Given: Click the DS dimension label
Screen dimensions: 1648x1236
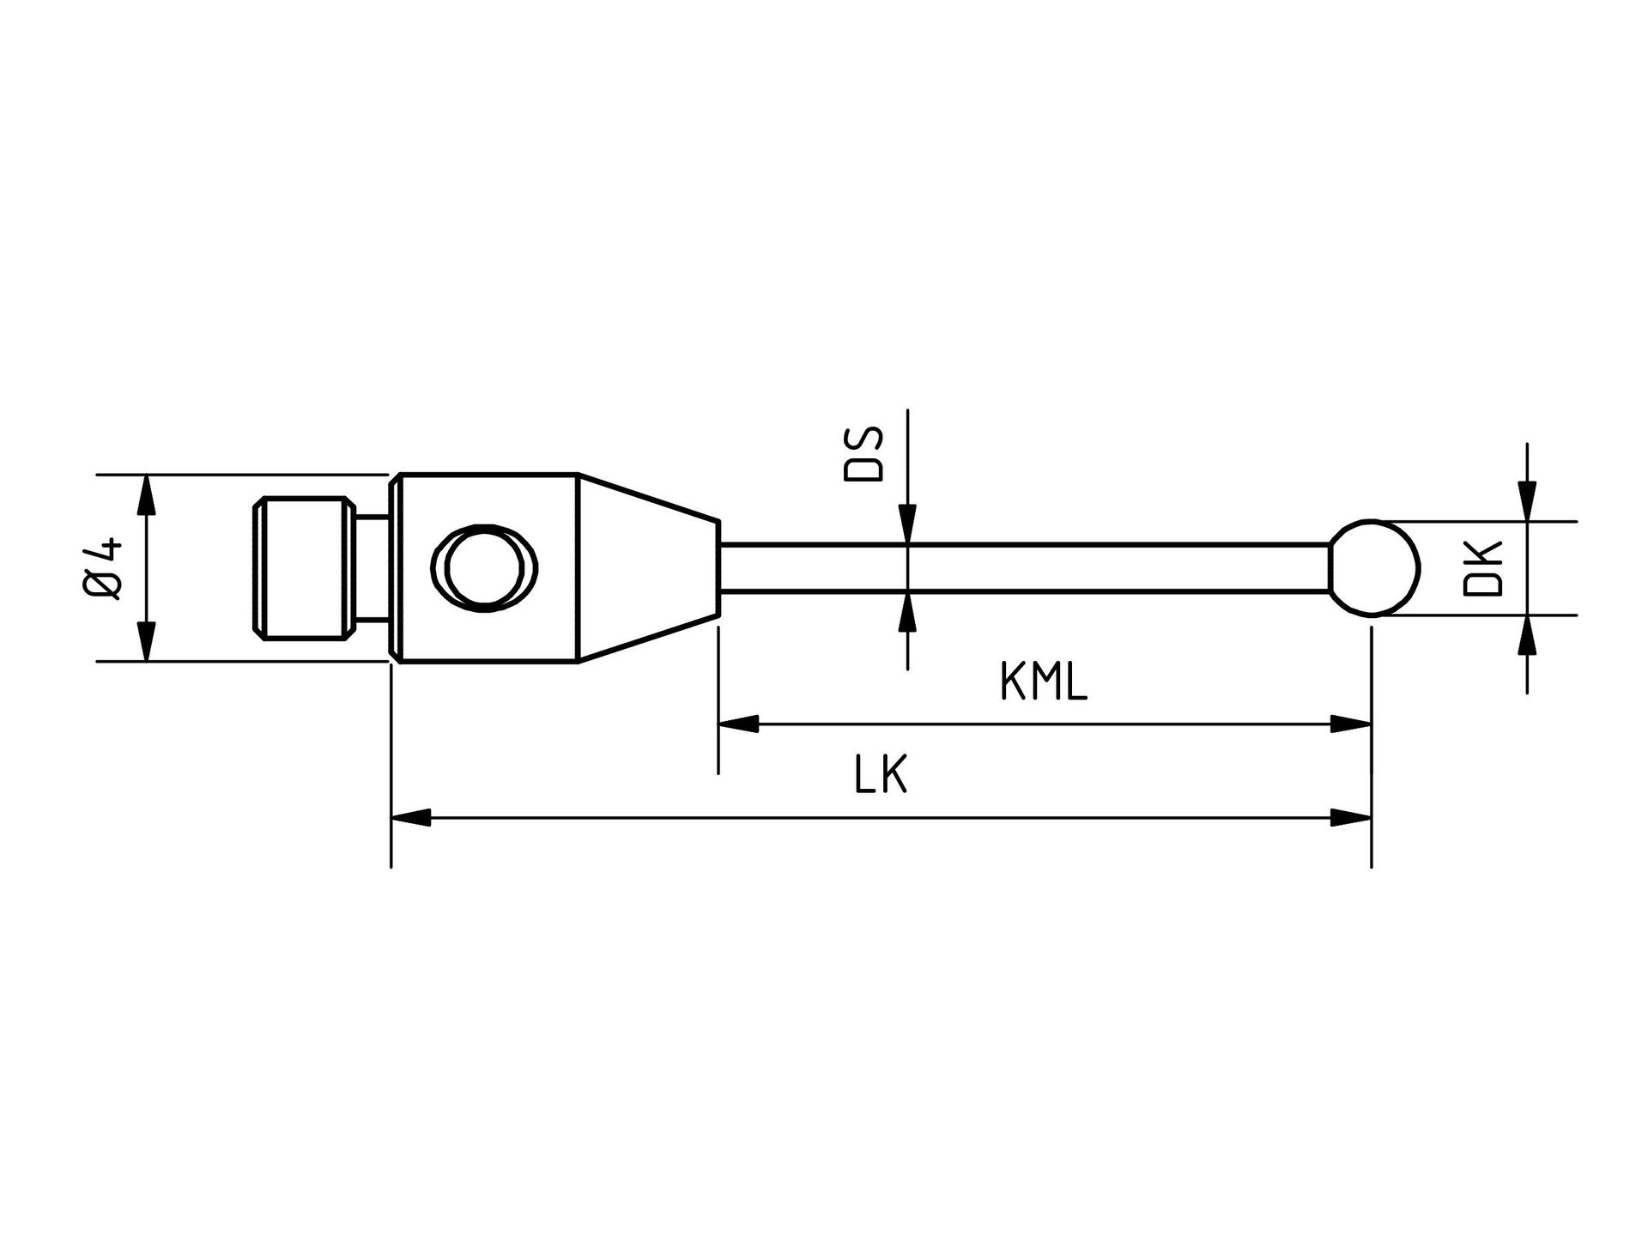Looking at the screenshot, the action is (863, 456).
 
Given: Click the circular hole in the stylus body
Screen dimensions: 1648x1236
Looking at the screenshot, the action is (487, 567).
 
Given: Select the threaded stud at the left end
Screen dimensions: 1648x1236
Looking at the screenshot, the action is (304, 567).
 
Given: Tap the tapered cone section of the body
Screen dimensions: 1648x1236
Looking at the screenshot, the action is (648, 567).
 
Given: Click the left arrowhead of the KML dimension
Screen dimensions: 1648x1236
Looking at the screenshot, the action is (739, 724).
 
